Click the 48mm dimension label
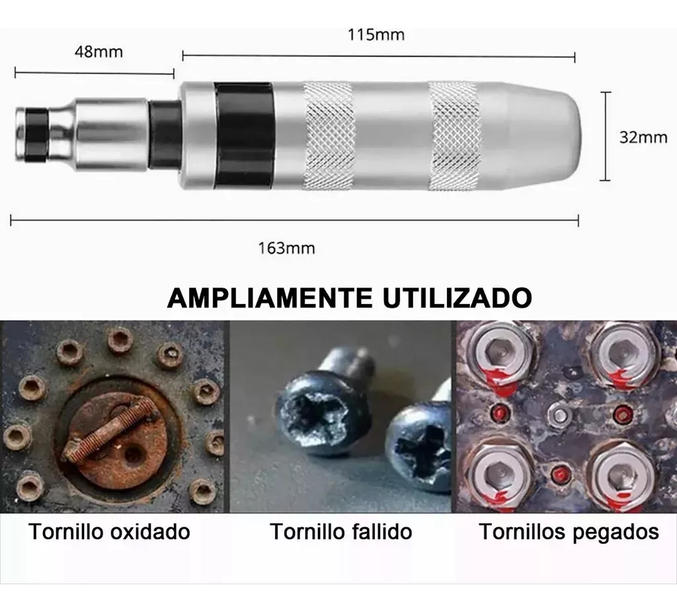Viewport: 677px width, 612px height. [x=99, y=52]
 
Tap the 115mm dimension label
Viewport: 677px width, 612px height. [x=376, y=35]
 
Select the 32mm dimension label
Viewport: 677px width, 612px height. [x=643, y=137]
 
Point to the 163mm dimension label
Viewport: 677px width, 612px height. [x=286, y=248]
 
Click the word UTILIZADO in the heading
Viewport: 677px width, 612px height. [x=457, y=298]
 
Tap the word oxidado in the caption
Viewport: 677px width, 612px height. [x=150, y=531]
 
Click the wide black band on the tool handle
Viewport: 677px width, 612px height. [x=244, y=135]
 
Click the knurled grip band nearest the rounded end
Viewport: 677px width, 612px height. [x=455, y=135]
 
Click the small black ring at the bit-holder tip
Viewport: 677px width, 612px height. [x=36, y=135]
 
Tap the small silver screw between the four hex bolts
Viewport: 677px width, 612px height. [x=560, y=414]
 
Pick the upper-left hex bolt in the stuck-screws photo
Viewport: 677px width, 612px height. [x=500, y=353]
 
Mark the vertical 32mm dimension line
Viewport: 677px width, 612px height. [x=606, y=136]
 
